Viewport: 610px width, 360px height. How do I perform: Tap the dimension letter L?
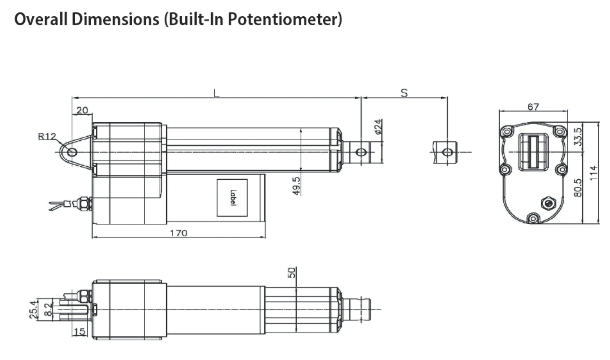[x=217, y=93]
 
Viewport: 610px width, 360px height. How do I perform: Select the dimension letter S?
[x=404, y=93]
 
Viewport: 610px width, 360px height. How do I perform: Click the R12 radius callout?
[x=47, y=136]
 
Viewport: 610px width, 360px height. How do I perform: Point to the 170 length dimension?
[x=179, y=233]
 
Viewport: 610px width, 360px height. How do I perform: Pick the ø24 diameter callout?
[x=378, y=127]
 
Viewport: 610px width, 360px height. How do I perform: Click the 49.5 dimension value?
[x=296, y=186]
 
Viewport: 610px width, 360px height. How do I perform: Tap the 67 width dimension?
[x=533, y=107]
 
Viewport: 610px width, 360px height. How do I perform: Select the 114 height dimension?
[x=593, y=173]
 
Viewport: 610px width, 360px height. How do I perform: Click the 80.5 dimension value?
[x=578, y=187]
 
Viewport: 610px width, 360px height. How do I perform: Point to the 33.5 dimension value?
[x=578, y=137]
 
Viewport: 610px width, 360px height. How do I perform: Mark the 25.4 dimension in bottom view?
[x=33, y=310]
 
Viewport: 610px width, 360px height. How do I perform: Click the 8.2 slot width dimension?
[x=48, y=310]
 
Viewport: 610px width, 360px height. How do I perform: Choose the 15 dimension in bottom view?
[x=79, y=332]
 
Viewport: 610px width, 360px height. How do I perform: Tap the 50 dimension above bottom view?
[x=292, y=273]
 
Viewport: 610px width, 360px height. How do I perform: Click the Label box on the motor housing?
[x=232, y=198]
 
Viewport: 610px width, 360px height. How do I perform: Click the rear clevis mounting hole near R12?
[x=72, y=153]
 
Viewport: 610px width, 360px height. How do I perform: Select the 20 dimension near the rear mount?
[x=82, y=110]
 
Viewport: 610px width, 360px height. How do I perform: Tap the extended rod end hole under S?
[x=447, y=153]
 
